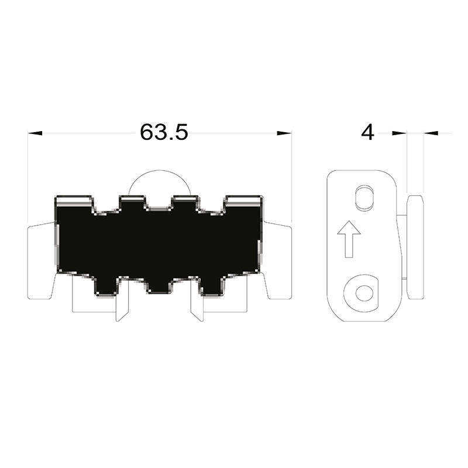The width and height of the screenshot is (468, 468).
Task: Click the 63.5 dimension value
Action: (164, 132)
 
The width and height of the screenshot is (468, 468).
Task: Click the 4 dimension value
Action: (367, 133)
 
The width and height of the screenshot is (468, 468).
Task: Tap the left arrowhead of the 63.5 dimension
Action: (35, 133)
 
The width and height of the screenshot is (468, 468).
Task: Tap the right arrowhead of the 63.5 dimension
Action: (284, 133)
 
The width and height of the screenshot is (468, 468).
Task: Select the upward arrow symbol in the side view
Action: (349, 239)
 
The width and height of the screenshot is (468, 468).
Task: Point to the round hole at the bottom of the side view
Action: (364, 293)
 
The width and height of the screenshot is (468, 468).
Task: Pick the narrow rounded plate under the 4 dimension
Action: (415, 247)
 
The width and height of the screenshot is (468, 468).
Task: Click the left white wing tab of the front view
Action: (40, 260)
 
